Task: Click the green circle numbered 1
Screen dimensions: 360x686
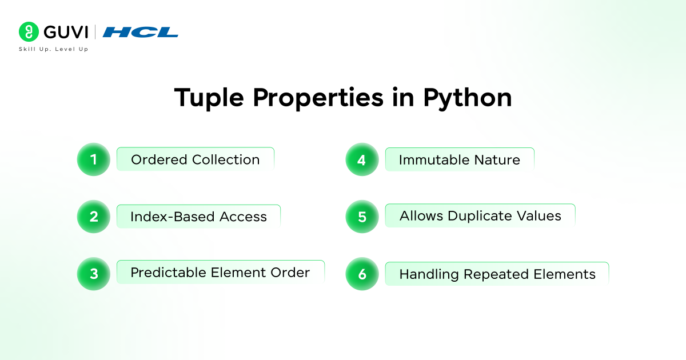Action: (93, 159)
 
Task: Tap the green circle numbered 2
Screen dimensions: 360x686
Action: (93, 217)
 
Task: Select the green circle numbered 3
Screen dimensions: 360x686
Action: (93, 273)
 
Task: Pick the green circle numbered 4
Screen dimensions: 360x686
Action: (362, 159)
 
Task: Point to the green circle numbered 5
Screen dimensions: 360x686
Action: (362, 217)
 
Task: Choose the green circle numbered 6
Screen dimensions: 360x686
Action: (362, 274)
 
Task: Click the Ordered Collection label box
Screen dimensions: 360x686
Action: (195, 159)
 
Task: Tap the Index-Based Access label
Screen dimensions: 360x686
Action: (198, 217)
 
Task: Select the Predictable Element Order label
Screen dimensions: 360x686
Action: (220, 273)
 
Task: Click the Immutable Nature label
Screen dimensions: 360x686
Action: (460, 159)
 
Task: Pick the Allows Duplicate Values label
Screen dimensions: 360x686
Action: (480, 216)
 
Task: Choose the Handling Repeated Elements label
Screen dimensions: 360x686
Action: (497, 274)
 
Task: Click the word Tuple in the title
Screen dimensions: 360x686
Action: (209, 98)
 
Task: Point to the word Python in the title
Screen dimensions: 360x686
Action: (467, 98)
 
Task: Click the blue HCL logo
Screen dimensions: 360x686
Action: (141, 32)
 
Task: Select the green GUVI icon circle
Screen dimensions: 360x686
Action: (28, 31)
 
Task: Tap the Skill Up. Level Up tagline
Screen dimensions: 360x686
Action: (54, 49)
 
